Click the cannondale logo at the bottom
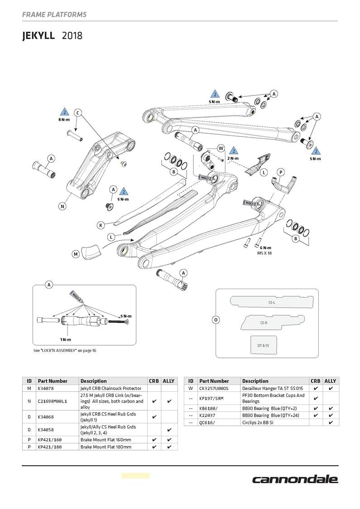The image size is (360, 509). click(x=295, y=480)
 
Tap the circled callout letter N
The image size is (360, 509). click(x=62, y=206)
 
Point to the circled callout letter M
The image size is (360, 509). click(x=76, y=254)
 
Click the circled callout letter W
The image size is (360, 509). click(x=221, y=148)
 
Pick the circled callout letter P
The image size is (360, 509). click(x=281, y=172)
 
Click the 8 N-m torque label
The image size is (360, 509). click(x=64, y=120)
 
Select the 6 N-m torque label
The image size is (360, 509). click(x=265, y=247)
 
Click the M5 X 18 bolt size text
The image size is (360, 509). click(x=265, y=253)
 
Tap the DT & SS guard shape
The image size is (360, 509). click(x=263, y=345)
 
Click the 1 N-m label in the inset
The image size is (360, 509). click(x=66, y=339)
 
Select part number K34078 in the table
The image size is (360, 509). click(x=46, y=388)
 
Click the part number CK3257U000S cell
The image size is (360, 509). click(x=214, y=388)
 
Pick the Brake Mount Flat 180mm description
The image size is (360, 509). click(x=106, y=447)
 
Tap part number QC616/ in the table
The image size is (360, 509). click(x=207, y=423)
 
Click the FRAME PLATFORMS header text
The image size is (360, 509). click(x=54, y=14)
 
